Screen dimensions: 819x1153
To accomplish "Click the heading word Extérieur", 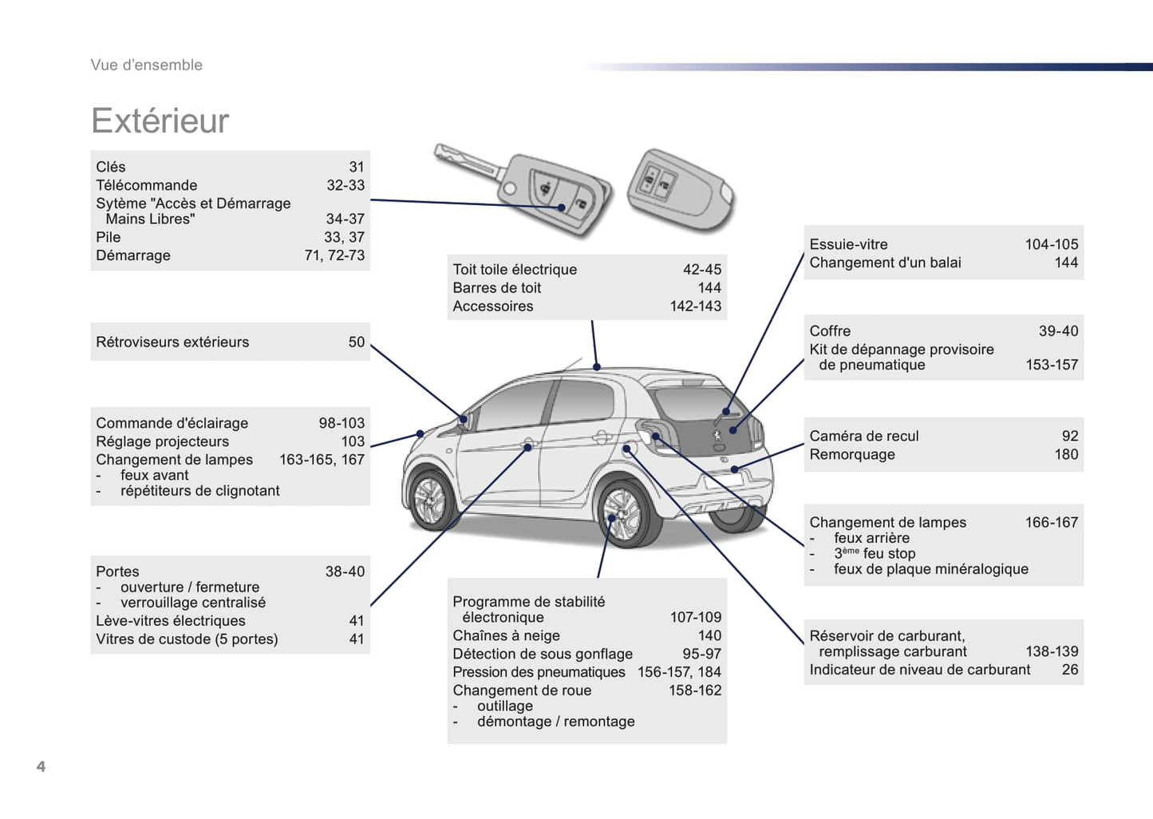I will click(160, 121).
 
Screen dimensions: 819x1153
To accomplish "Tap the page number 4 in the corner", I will click(41, 766).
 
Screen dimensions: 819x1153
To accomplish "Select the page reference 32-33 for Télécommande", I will click(345, 185).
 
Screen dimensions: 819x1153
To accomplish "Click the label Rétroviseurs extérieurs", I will click(172, 342).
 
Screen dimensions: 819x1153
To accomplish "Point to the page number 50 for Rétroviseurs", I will click(356, 342).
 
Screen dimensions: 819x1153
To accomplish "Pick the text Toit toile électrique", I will click(515, 270).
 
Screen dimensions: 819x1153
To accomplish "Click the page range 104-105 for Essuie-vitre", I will click(1051, 244).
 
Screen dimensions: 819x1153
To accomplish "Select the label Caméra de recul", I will click(863, 436).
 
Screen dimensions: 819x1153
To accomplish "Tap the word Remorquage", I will click(851, 454).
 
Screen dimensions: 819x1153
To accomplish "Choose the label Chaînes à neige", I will click(506, 635).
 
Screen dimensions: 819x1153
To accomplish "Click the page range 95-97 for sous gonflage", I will click(701, 654).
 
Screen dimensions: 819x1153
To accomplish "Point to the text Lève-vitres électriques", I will click(170, 620).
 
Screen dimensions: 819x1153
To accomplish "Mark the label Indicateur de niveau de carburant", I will click(919, 670).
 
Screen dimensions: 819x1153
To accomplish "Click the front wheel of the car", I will click(432, 500).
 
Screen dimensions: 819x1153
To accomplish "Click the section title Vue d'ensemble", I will click(146, 65).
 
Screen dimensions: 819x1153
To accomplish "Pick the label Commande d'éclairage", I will click(172, 423).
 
